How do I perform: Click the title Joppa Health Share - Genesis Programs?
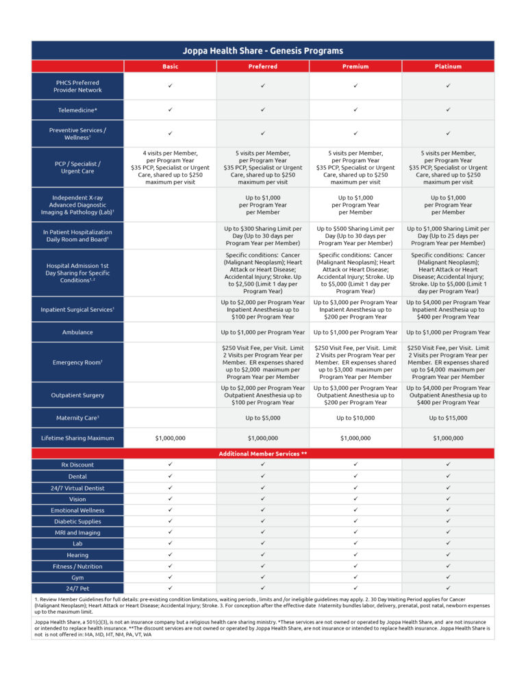coord(263,51)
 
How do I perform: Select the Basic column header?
coord(170,66)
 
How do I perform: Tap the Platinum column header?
coord(448,66)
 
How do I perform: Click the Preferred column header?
coord(263,66)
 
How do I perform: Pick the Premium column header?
coord(355,66)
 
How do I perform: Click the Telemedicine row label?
coord(77,110)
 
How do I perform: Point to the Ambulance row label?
coord(77,332)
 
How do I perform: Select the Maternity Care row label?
coord(77,417)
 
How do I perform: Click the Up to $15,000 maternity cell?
coord(448,417)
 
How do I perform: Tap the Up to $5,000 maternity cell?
coord(263,417)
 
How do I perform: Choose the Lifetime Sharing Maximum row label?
coord(77,438)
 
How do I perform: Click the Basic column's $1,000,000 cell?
coord(170,438)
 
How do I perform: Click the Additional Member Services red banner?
coord(263,454)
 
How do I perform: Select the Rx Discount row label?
coord(77,465)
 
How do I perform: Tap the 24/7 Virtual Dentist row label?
coord(77,487)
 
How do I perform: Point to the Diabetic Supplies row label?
coord(77,521)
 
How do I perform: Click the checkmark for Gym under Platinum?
coord(448,578)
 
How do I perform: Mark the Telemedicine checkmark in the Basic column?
coord(170,110)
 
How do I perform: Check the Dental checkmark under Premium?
coord(355,476)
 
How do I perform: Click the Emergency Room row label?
coord(77,362)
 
